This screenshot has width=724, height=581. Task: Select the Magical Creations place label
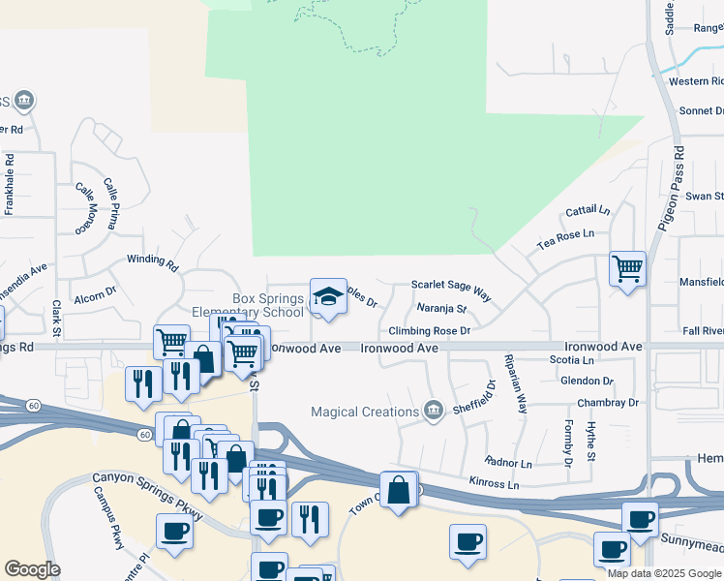tap(363, 413)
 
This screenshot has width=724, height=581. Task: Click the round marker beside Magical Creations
tap(433, 412)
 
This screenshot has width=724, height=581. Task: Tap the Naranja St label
tap(441, 310)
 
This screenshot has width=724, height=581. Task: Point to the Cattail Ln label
tap(588, 210)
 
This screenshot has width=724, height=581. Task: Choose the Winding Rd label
tap(153, 261)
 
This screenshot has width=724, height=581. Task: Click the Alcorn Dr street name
tap(95, 288)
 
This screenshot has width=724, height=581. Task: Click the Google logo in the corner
tap(32, 569)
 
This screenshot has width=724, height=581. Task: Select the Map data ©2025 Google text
tap(664, 573)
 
